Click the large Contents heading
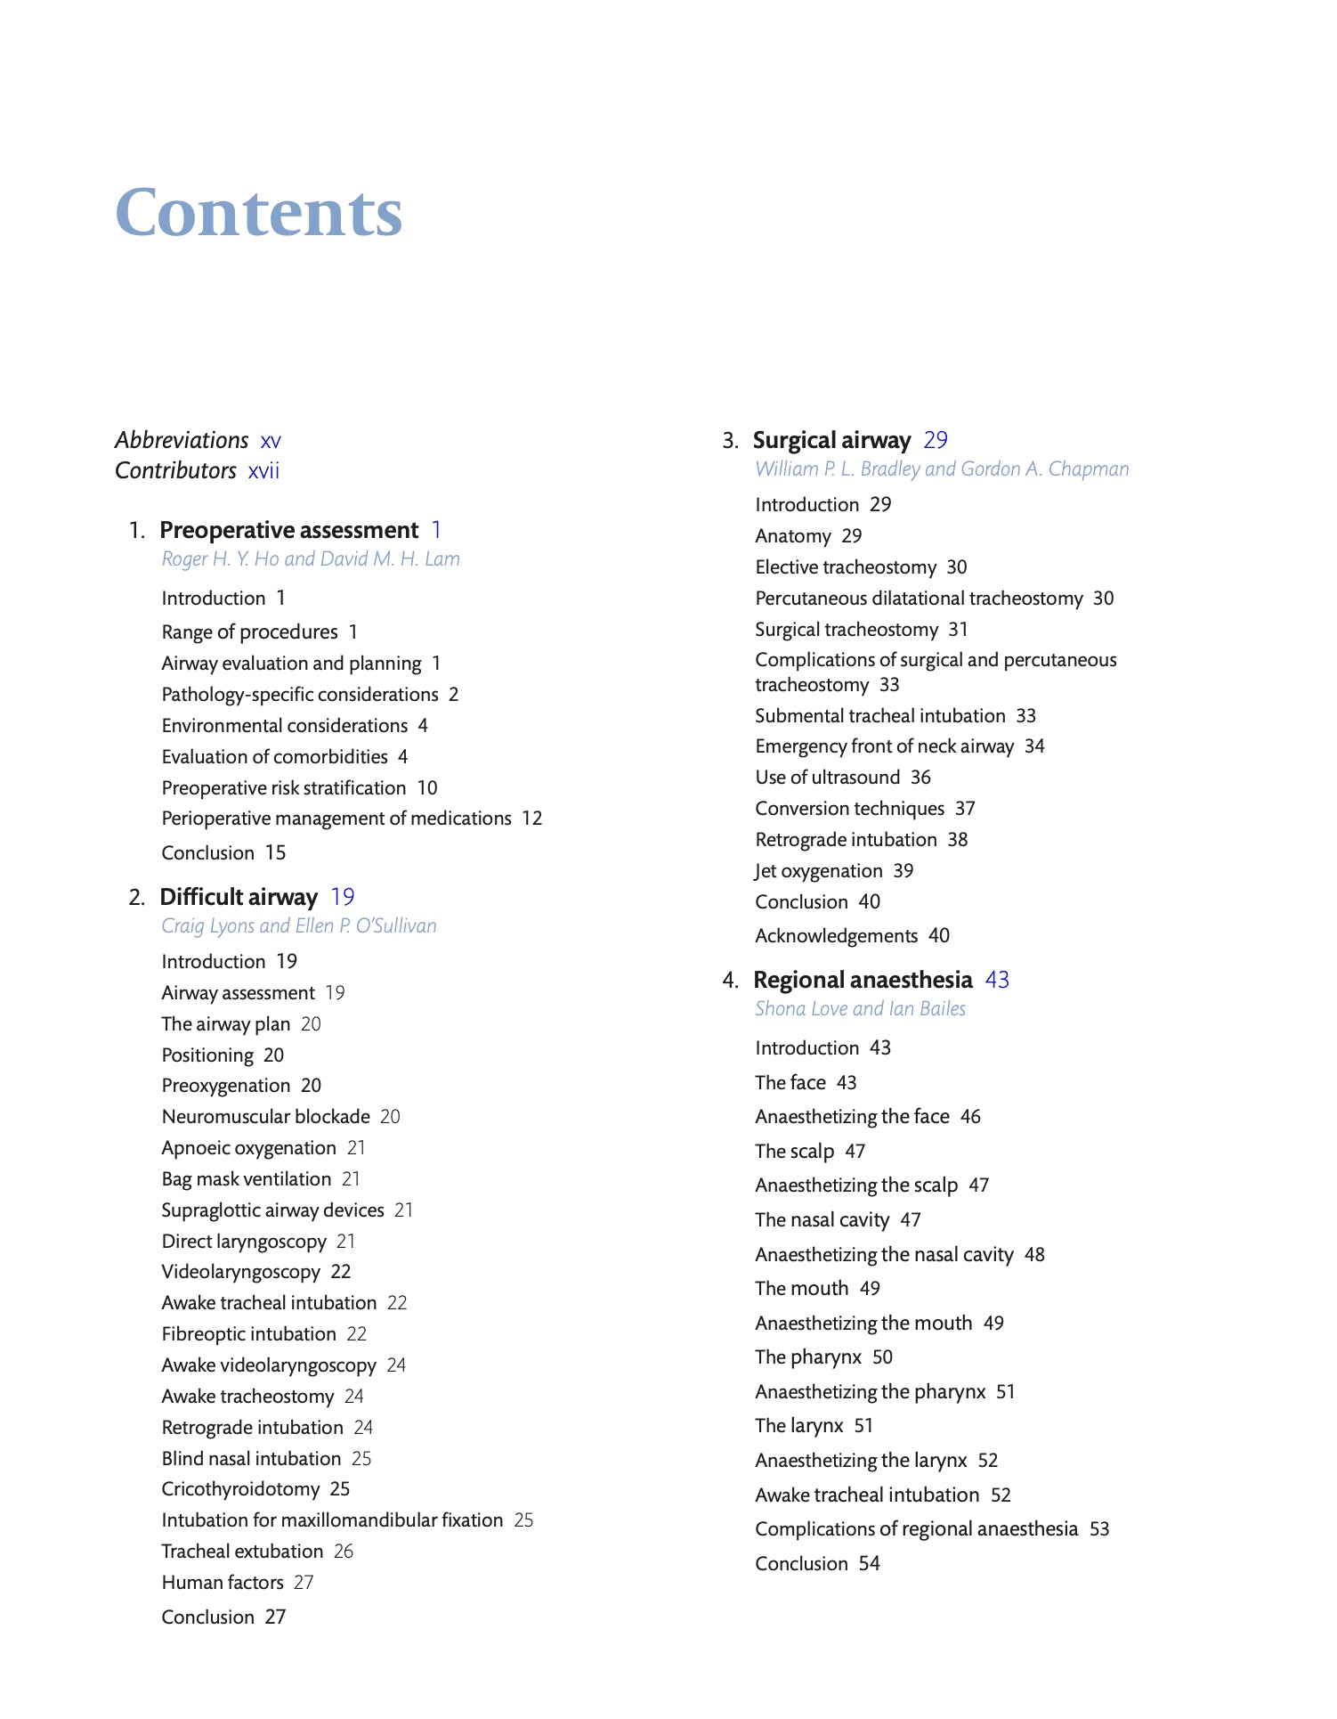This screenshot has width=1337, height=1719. tap(258, 214)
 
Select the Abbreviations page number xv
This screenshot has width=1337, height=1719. tap(271, 441)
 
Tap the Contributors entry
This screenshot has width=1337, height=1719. tap(175, 470)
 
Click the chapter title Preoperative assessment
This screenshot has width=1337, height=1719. tap(288, 530)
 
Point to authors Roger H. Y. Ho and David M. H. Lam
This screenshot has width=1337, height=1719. tap(311, 559)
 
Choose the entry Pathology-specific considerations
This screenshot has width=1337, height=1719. tap(300, 695)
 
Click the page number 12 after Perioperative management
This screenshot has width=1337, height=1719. tap(532, 819)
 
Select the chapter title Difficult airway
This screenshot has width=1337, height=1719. tap(239, 897)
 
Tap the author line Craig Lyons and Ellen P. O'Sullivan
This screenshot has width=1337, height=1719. tap(299, 926)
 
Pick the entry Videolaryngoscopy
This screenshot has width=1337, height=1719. tap(240, 1272)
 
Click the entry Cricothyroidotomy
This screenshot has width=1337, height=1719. tap(240, 1489)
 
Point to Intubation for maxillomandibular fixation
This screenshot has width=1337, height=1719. tap(332, 1520)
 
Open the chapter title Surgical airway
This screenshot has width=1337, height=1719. tap(831, 440)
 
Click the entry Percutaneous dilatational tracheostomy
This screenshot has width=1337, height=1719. tap(919, 599)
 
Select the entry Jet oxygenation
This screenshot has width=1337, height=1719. tap(819, 871)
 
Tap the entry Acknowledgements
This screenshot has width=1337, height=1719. tap(836, 936)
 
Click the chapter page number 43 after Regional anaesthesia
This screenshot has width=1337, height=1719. tap(997, 980)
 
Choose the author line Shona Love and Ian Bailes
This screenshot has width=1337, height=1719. tap(860, 1009)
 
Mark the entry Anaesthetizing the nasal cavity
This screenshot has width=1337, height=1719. tap(884, 1255)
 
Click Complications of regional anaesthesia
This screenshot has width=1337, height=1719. tap(916, 1529)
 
